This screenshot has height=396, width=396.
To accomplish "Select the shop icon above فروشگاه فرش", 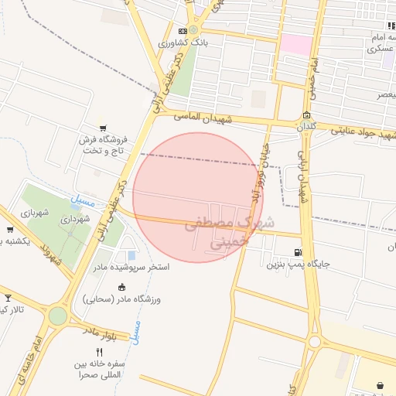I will click(x=102, y=128).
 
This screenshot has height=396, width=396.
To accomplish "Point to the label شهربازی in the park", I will click(x=35, y=212).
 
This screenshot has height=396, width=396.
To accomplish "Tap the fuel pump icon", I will click(x=299, y=252).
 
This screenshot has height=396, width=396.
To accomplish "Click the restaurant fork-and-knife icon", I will click(x=99, y=352).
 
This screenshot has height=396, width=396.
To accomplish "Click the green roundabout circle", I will click(x=58, y=316).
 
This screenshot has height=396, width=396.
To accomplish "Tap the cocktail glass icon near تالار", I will click(x=9, y=298).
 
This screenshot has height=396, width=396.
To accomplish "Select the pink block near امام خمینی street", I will click(x=295, y=44).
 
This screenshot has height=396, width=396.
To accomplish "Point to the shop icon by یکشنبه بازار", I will click(x=9, y=229).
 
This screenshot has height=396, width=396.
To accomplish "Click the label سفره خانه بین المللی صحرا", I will click(x=101, y=369).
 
